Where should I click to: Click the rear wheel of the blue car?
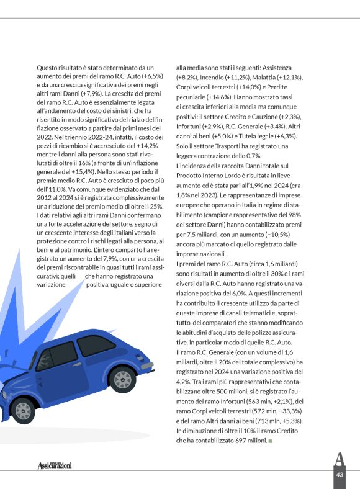tap(122, 379)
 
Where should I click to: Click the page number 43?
tap(340, 474)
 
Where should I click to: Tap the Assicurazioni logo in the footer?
tap(54, 465)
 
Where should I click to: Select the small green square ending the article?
tap(271, 441)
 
